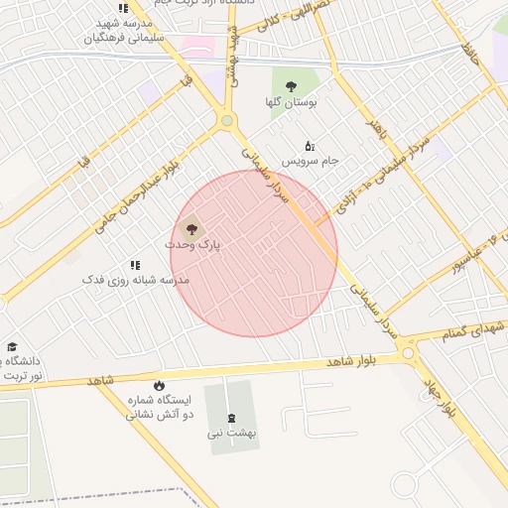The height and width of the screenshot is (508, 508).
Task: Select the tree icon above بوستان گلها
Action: (x=291, y=85)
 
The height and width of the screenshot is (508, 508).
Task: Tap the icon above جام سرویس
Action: (x=310, y=146)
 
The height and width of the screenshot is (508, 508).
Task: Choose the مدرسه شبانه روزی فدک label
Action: (x=136, y=281)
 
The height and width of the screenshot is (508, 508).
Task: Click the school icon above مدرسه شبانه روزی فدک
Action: (x=136, y=265)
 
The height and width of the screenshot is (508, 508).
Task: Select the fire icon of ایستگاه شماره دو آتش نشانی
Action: (x=159, y=385)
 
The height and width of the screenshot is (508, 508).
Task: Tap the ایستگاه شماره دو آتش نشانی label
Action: (x=159, y=407)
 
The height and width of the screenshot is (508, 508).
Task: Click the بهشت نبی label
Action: (x=232, y=433)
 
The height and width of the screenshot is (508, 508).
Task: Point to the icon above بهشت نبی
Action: (x=232, y=418)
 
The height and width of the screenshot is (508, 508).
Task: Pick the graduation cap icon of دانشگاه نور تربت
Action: (x=12, y=347)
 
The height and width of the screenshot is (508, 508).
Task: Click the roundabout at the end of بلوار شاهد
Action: (x=408, y=352)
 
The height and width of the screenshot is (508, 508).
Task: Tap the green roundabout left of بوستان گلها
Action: (x=227, y=121)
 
